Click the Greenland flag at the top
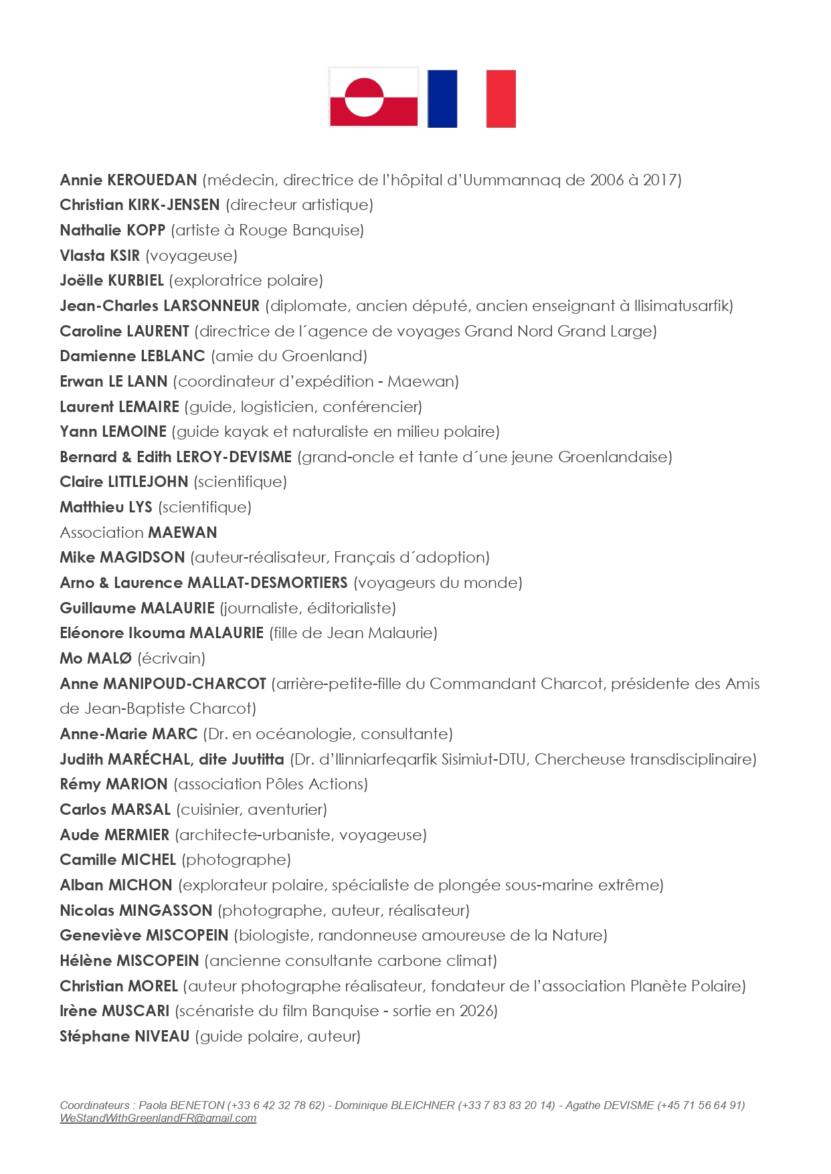(x=373, y=97)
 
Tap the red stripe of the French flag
(x=500, y=98)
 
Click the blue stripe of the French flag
(x=442, y=98)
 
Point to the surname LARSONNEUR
(x=211, y=306)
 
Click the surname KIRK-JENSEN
(x=173, y=205)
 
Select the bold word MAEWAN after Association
(x=183, y=532)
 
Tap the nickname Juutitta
(x=258, y=759)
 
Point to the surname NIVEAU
(x=162, y=1036)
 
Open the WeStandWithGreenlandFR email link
(x=158, y=1118)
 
